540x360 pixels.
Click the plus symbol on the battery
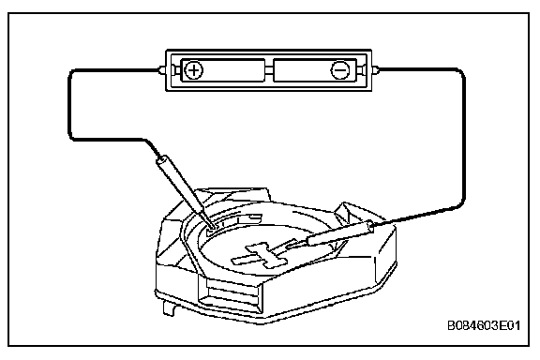194,70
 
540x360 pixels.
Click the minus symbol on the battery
340,70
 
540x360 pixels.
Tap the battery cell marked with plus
223,70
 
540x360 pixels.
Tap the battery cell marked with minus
315,70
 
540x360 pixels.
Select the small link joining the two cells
269,70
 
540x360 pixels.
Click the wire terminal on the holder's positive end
162,70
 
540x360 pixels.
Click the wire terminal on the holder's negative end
375,70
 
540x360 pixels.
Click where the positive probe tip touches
212,227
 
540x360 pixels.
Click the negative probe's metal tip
297,245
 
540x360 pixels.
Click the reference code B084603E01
484,325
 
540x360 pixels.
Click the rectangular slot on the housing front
229,293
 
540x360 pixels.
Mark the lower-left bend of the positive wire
72,137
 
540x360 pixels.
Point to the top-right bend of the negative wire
461,72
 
